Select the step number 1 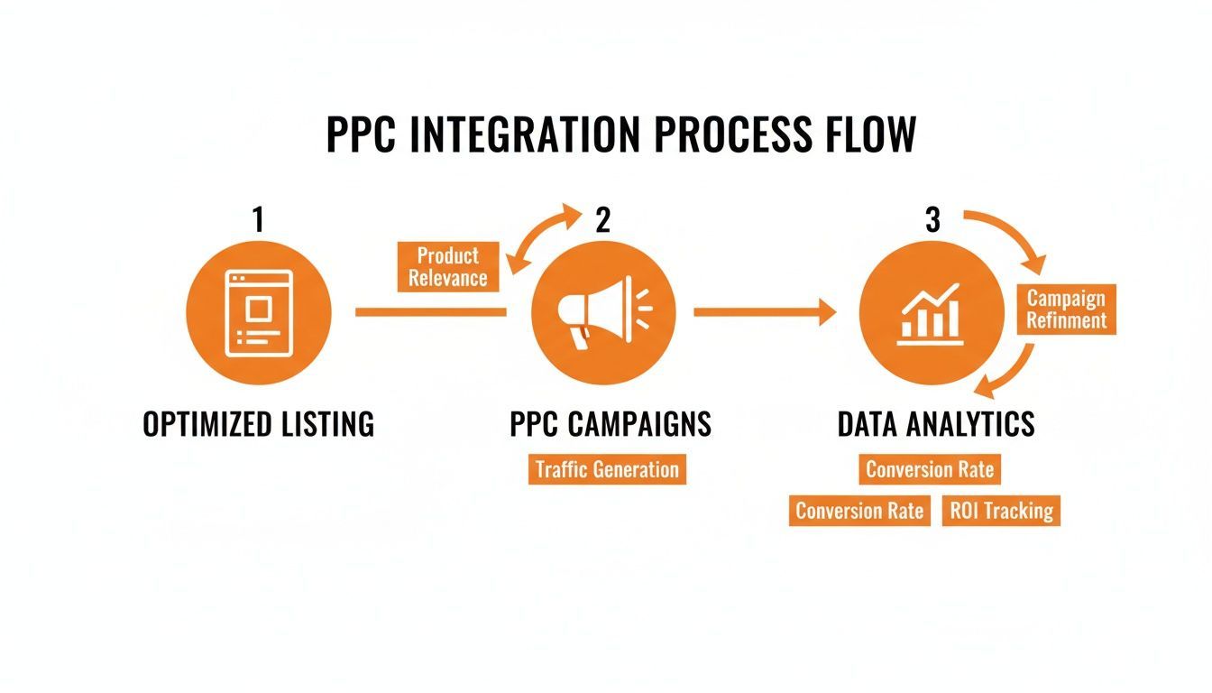tap(259, 220)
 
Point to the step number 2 tap(603, 220)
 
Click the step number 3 tap(932, 220)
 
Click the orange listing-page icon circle tap(259, 312)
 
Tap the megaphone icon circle tap(603, 312)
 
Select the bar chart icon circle tap(932, 312)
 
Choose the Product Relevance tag tap(447, 266)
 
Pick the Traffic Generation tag tap(607, 469)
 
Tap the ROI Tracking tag tap(1001, 511)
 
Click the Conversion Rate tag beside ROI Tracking tap(859, 511)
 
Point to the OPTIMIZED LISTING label tap(259, 424)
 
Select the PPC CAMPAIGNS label tap(611, 424)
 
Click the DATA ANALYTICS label tap(936, 424)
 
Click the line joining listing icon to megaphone tap(431, 312)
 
